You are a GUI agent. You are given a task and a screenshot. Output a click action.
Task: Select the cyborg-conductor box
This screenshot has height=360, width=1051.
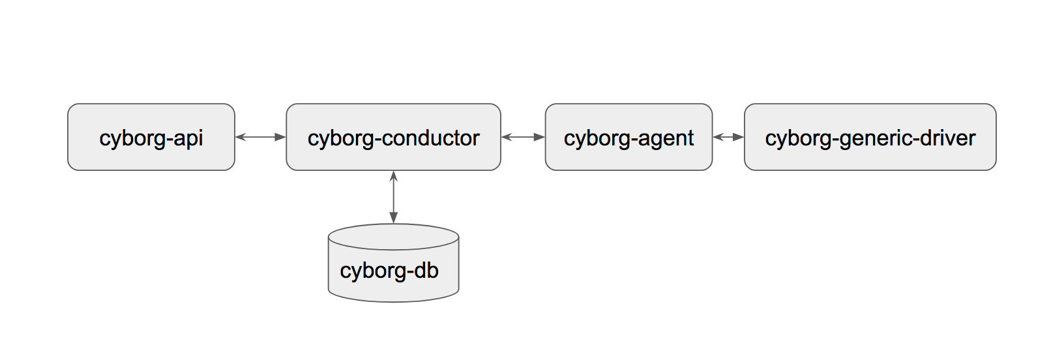point(393,157)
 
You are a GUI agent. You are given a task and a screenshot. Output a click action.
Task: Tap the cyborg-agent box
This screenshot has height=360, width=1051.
point(629,157)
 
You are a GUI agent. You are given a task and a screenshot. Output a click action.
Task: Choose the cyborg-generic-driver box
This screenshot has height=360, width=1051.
point(870,157)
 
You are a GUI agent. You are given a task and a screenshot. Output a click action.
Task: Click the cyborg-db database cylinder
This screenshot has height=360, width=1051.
point(393,287)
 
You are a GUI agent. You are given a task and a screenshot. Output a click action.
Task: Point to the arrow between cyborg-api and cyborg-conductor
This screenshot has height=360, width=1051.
point(260,137)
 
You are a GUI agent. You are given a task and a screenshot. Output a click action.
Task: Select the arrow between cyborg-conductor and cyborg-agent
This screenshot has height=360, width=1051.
point(523,137)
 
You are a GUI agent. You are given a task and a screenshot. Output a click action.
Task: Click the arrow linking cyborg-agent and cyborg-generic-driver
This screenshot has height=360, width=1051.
point(728,137)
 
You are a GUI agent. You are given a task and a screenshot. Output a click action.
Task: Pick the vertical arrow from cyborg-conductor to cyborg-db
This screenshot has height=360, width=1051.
point(393,197)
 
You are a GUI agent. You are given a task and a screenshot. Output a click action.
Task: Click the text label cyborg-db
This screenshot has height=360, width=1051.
point(389,271)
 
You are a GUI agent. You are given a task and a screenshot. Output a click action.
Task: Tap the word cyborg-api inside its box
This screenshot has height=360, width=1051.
point(151,138)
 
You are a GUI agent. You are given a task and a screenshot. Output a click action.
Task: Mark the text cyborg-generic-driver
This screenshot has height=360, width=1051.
point(870,138)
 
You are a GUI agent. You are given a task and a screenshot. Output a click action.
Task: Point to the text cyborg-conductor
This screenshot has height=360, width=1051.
point(393,138)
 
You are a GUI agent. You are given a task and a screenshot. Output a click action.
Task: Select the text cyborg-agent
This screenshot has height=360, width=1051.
point(629,138)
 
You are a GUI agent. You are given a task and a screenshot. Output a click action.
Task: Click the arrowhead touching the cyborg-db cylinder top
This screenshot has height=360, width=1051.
point(393,218)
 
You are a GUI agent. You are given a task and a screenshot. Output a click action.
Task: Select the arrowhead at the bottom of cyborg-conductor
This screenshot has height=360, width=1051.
point(393,176)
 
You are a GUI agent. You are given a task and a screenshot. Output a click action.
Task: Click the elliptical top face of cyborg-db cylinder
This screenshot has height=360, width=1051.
point(393,237)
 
